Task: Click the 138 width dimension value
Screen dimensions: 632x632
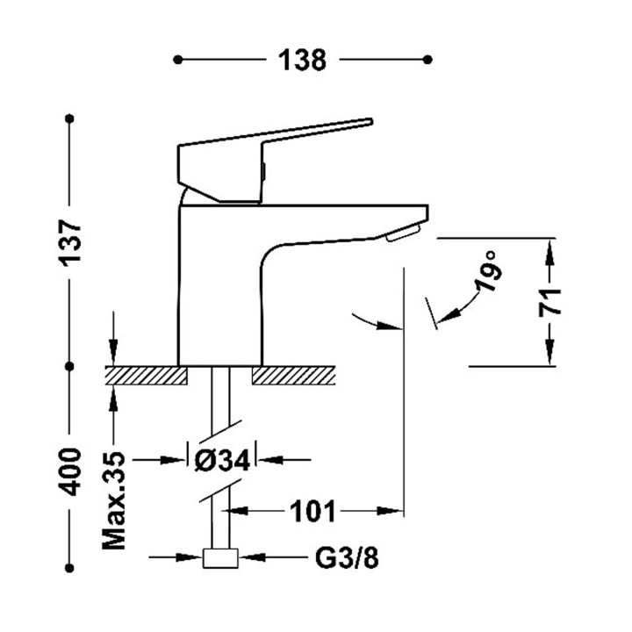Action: tap(303, 60)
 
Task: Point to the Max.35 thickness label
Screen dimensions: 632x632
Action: tap(115, 501)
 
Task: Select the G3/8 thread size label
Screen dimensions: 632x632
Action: tap(347, 557)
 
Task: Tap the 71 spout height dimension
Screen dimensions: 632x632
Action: tap(550, 302)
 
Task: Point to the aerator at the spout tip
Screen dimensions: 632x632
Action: tap(404, 233)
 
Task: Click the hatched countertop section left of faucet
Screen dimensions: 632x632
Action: tap(147, 375)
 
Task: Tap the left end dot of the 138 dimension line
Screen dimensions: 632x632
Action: tap(178, 60)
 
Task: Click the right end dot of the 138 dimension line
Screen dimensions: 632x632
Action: tap(429, 60)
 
